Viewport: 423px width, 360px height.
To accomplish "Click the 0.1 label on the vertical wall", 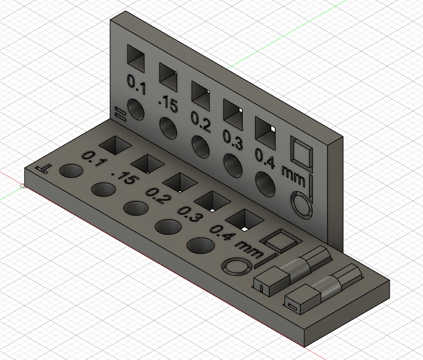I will [x=136, y=84].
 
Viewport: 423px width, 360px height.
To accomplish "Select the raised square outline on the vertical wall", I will [x=301, y=152].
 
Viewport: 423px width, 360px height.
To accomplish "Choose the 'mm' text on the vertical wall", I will [x=294, y=173].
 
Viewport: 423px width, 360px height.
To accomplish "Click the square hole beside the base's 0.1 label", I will [x=115, y=145].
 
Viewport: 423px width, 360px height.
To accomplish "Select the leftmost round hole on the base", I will [x=71, y=171].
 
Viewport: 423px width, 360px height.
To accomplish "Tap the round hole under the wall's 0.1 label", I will [x=135, y=110].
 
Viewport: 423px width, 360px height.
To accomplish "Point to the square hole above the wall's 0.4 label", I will [x=266, y=130].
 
